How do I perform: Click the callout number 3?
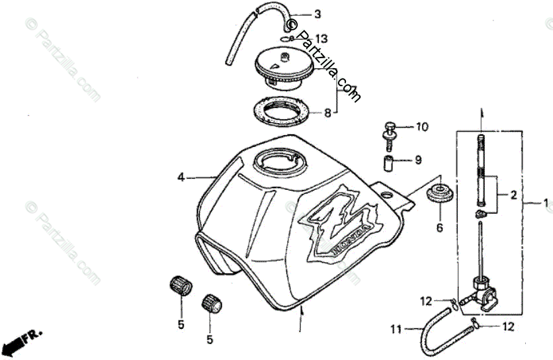pyautogui.click(x=318, y=14)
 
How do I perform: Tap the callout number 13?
pyautogui.click(x=321, y=38)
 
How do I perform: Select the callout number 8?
pyautogui.click(x=327, y=113)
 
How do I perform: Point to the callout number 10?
pyautogui.click(x=421, y=126)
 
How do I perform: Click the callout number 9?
pyautogui.click(x=418, y=159)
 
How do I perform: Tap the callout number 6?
pyautogui.click(x=438, y=228)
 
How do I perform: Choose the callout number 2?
pyautogui.click(x=513, y=195)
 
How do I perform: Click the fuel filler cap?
pyautogui.click(x=284, y=68)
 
